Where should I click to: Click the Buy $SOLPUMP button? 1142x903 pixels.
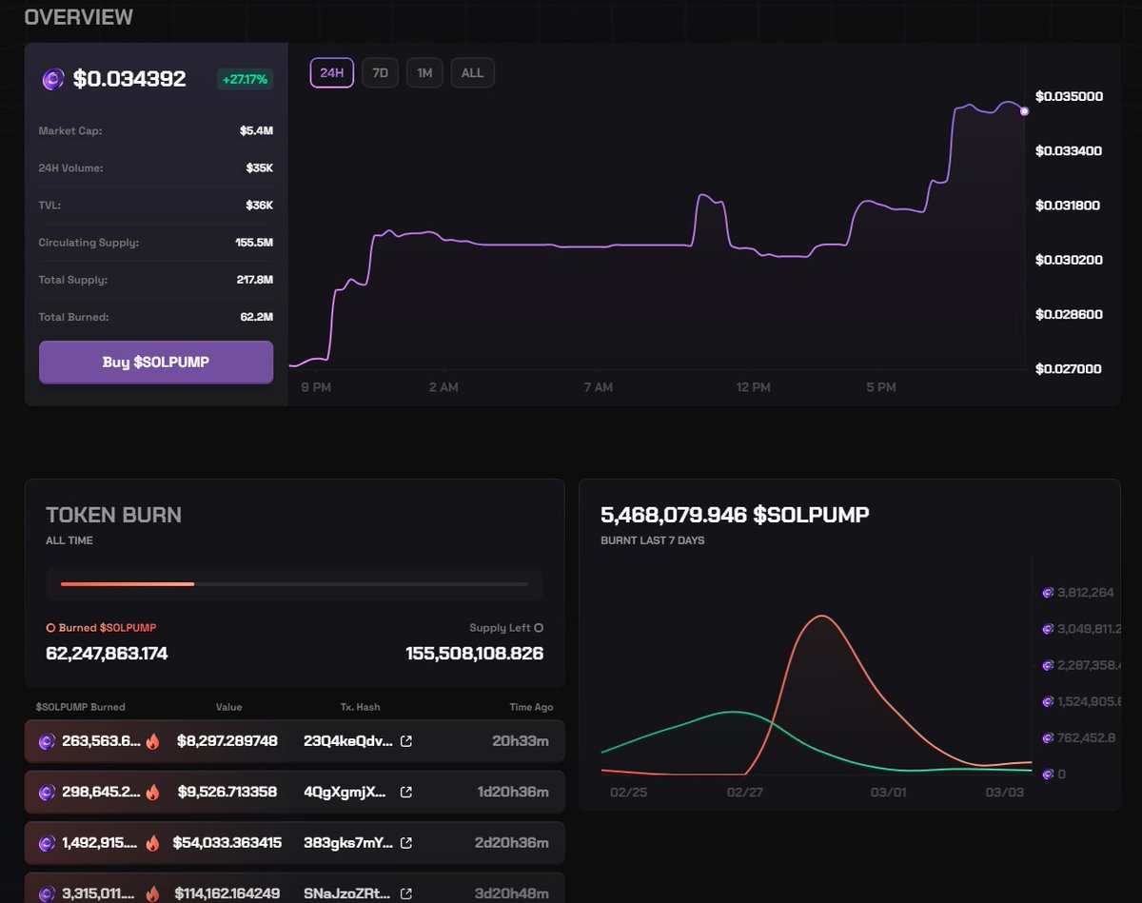[156, 362]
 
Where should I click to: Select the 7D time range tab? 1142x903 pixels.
[380, 73]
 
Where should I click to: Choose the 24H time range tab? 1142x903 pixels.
[332, 73]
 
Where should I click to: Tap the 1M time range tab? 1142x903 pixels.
[424, 73]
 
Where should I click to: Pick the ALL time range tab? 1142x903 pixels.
[472, 73]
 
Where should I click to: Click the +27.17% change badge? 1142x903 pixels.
[245, 79]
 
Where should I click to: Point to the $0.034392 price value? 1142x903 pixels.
[129, 79]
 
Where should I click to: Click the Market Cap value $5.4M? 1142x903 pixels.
[256, 130]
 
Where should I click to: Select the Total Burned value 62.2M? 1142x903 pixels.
[256, 317]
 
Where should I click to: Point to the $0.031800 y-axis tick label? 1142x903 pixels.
[1069, 205]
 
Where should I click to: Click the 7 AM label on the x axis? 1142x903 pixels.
[598, 387]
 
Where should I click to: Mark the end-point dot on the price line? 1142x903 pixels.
[1024, 111]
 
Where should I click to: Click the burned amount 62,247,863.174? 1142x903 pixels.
[107, 654]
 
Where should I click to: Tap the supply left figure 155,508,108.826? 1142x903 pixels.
[474, 654]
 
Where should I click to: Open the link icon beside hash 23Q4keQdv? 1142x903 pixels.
[406, 740]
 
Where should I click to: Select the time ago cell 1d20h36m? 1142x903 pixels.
[522, 792]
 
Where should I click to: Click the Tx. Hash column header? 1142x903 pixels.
[360, 707]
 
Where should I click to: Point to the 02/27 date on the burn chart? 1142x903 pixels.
[744, 792]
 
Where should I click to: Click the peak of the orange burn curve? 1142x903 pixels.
[821, 616]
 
